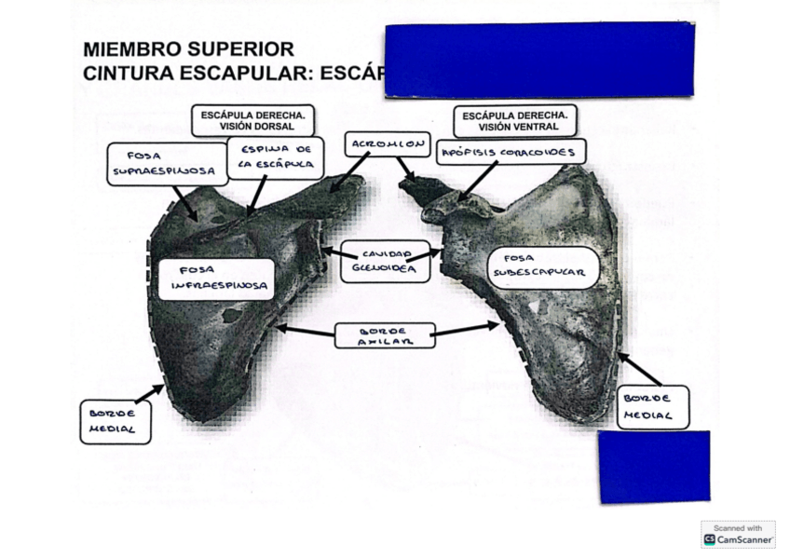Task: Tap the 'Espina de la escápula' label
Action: pyautogui.click(x=276, y=157)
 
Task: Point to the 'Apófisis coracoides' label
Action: pyautogui.click(x=511, y=152)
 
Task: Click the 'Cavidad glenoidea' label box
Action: pyautogui.click(x=376, y=262)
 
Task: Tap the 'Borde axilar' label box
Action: pyautogui.click(x=384, y=335)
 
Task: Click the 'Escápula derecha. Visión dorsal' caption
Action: pyautogui.click(x=252, y=120)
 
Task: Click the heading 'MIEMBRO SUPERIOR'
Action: pyautogui.click(x=188, y=49)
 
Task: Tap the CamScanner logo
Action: pyautogui.click(x=739, y=539)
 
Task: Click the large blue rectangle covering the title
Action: pyautogui.click(x=538, y=60)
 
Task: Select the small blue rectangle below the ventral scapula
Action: pyautogui.click(x=653, y=467)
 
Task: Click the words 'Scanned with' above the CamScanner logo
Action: pyautogui.click(x=739, y=527)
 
